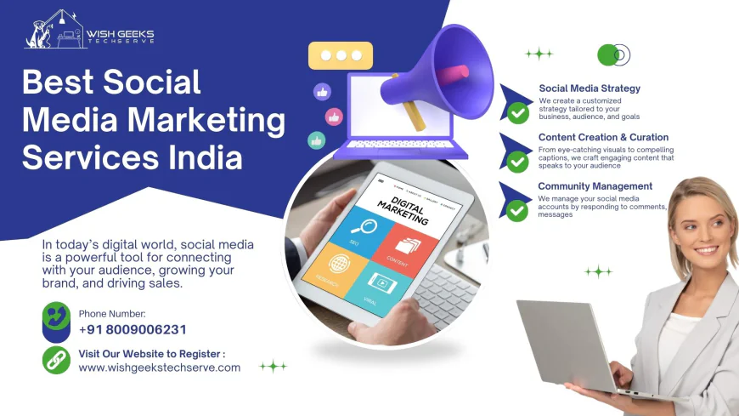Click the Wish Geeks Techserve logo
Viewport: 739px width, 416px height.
coord(89,32)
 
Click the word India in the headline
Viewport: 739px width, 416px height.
coord(203,157)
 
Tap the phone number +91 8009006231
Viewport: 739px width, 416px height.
coord(133,330)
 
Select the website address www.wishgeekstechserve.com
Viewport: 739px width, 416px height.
coord(160,368)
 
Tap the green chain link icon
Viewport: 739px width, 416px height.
coord(56,359)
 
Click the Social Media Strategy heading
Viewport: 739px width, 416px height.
coord(590,88)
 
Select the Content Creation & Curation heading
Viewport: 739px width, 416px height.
coord(603,137)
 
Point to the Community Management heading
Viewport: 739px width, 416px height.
coord(595,186)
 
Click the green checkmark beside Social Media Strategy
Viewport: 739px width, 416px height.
coord(517,112)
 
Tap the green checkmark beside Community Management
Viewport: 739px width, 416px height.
coord(517,210)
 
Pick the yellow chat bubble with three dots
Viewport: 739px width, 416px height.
coord(341,56)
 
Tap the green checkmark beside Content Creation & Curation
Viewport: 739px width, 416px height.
coord(517,162)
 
